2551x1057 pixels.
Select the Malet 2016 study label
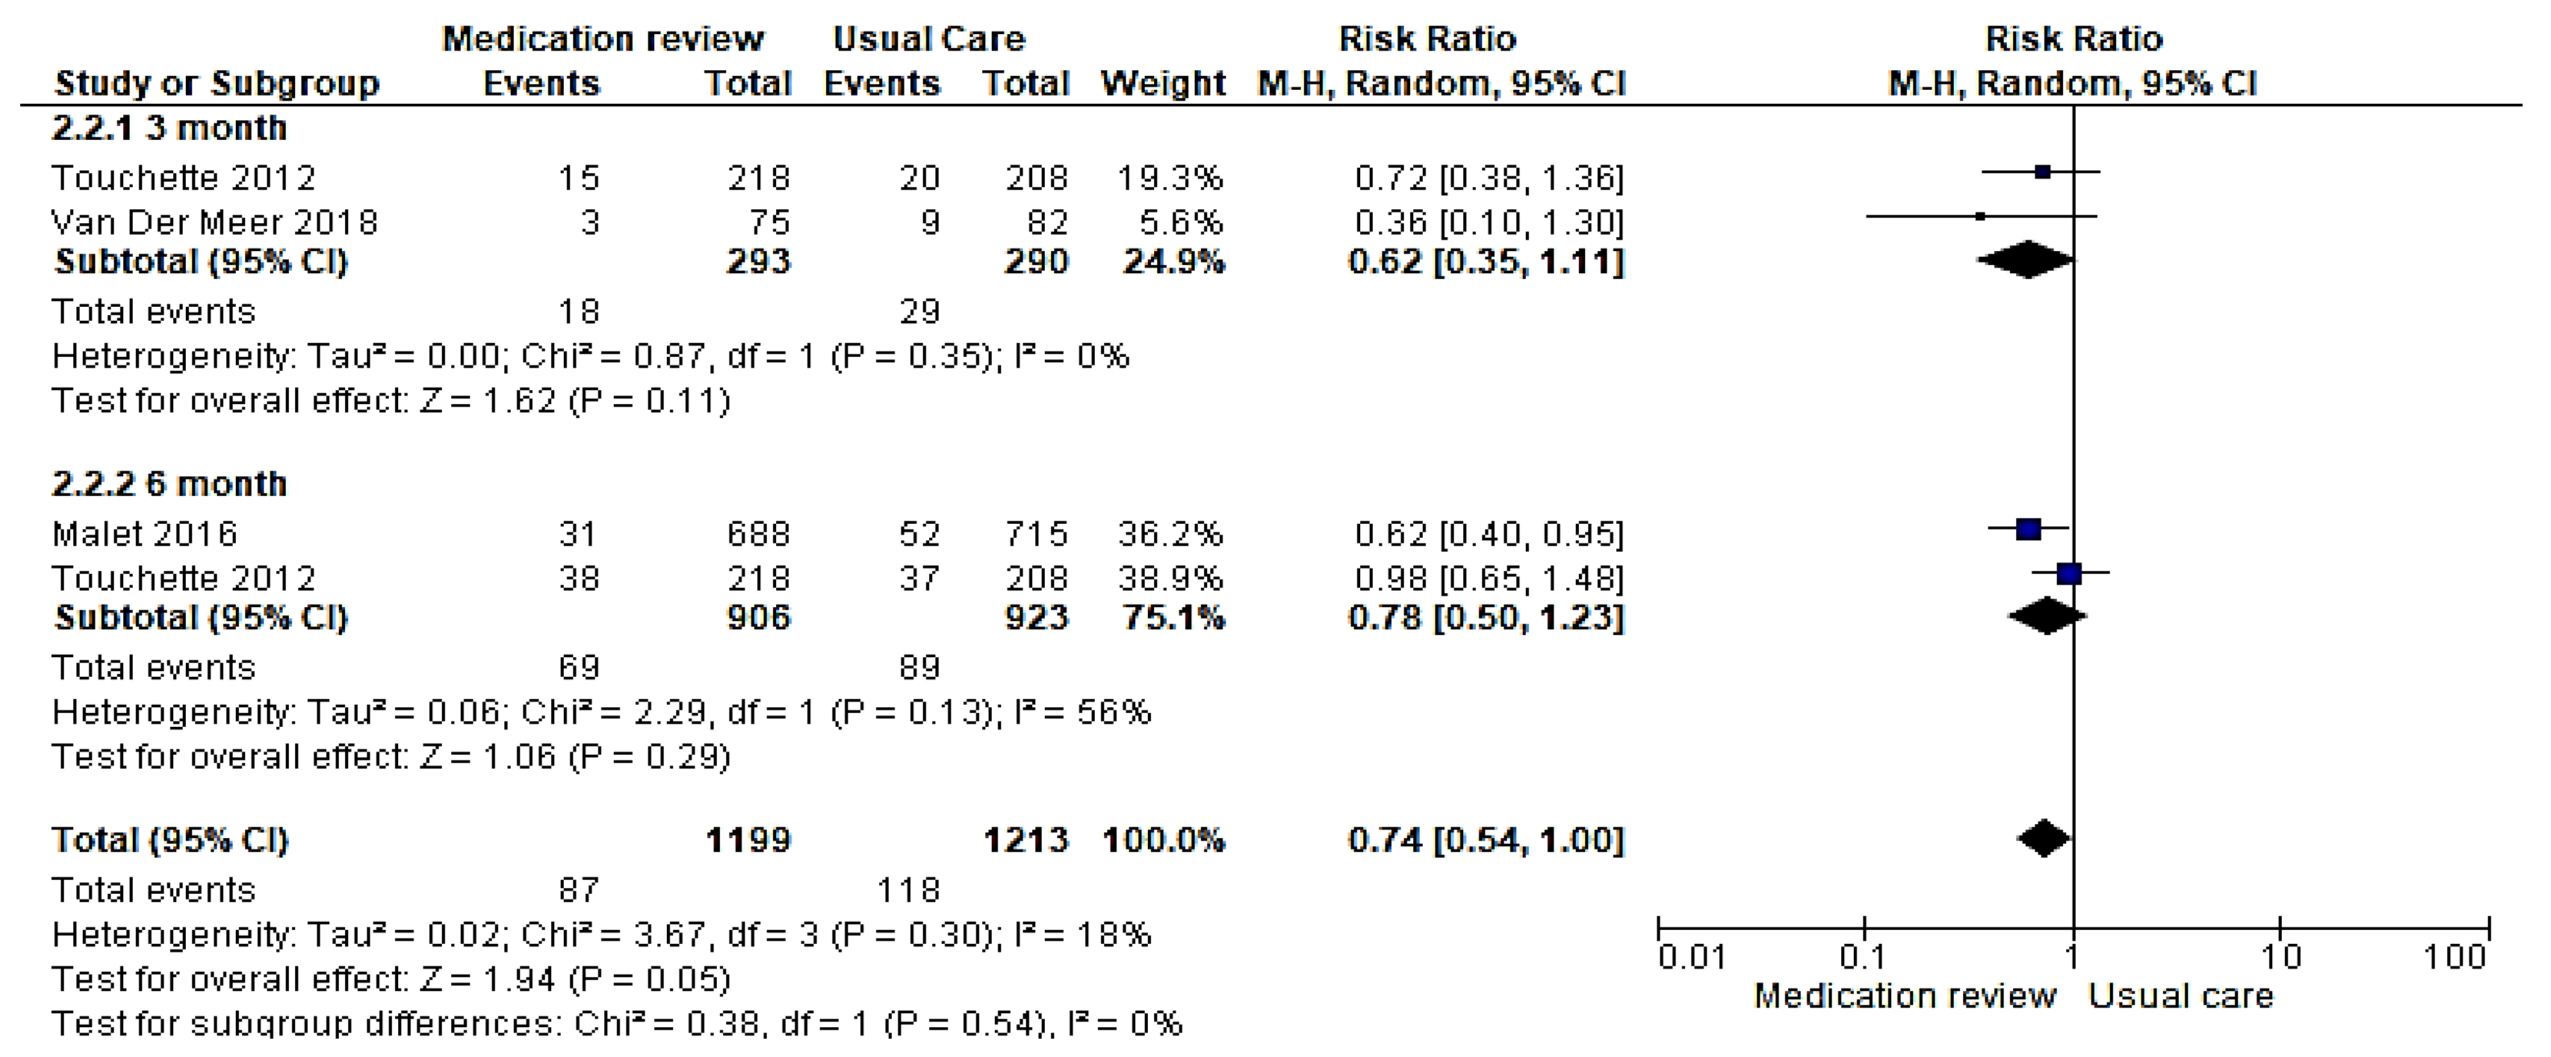pyautogui.click(x=145, y=534)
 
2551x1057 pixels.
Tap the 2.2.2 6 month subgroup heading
pyautogui.click(x=169, y=485)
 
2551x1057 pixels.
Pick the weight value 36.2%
pyautogui.click(x=1169, y=534)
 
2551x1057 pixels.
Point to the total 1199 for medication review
pyautogui.click(x=748, y=840)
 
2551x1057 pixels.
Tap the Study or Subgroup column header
pyautogui.click(x=217, y=83)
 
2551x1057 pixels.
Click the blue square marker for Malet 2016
pyautogui.click(x=2028, y=529)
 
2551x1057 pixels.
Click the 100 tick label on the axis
pyautogui.click(x=2454, y=957)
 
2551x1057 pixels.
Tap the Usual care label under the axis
pyautogui.click(x=2181, y=996)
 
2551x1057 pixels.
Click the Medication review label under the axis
pyautogui.click(x=1904, y=996)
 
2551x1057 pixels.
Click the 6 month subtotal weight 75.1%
pyautogui.click(x=1174, y=618)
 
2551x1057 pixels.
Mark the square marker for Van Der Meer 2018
pyautogui.click(x=1980, y=216)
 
